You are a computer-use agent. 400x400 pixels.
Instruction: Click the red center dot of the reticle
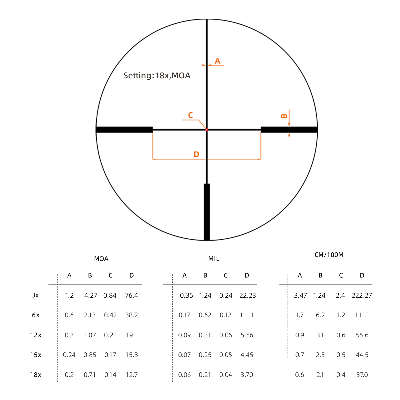point(207,130)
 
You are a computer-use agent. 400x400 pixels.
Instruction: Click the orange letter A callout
point(217,61)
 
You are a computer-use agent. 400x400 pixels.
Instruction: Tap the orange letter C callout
point(190,115)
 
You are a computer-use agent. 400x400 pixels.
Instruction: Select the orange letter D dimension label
point(196,154)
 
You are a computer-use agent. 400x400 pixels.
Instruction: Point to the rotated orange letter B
point(284,116)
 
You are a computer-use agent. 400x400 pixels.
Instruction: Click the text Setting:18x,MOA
point(157,76)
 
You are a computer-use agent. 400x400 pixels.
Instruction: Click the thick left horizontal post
point(124,130)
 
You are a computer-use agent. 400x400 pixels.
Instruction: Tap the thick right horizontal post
point(289,130)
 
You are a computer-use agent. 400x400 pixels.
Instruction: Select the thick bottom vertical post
point(207,212)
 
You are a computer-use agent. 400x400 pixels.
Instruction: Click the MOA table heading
point(101,259)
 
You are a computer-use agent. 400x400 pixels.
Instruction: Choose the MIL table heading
point(214,259)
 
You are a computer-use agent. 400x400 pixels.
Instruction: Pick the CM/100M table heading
point(329,255)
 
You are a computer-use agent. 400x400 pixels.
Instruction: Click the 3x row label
point(35,295)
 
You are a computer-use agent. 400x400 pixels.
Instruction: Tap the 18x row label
point(36,375)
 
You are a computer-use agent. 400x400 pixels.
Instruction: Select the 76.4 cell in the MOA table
point(131,295)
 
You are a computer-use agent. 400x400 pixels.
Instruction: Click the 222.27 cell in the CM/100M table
point(362,295)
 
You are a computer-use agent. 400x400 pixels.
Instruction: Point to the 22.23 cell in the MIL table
point(247,295)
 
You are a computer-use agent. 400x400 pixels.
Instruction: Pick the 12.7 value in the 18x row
point(132,375)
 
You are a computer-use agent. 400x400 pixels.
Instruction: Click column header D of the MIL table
point(247,275)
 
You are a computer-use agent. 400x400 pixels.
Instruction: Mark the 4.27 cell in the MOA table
point(91,295)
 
